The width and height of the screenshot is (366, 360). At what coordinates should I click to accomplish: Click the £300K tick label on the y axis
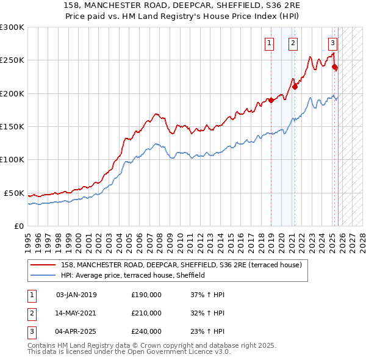click(x=12, y=27)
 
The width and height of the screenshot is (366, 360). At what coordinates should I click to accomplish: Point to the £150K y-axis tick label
click(x=12, y=127)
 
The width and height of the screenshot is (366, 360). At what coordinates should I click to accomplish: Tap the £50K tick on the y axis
click(x=14, y=193)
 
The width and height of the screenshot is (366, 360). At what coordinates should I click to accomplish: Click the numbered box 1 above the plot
click(x=269, y=43)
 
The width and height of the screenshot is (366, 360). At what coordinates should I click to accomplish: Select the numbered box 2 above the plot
click(x=293, y=43)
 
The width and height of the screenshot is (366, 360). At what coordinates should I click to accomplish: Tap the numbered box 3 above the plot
click(x=332, y=43)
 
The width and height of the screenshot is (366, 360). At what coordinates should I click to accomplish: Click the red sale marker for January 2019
click(x=271, y=101)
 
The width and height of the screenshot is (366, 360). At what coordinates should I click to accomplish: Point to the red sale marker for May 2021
click(x=295, y=87)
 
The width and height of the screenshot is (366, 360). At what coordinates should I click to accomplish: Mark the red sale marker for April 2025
click(x=334, y=67)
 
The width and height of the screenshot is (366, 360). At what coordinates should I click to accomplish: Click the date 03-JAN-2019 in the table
click(x=76, y=295)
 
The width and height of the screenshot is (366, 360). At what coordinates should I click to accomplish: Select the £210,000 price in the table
click(x=146, y=313)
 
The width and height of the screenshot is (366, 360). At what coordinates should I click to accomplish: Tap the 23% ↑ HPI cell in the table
click(x=207, y=331)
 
